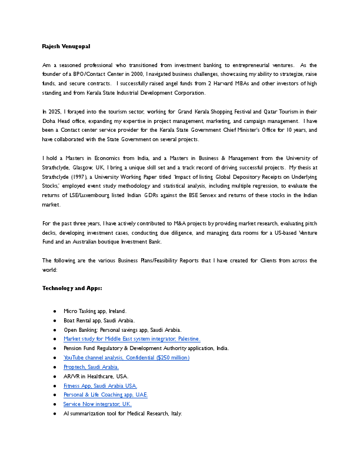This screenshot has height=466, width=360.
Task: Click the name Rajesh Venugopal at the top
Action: (x=66, y=46)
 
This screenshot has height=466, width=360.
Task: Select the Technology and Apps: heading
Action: (x=72, y=288)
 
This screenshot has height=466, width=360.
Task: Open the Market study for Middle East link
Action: (x=132, y=339)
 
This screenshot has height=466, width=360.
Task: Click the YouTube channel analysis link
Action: (x=126, y=357)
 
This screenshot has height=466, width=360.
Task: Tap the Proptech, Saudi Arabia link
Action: (x=91, y=367)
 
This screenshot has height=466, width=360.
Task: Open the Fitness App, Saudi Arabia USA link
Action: (x=100, y=385)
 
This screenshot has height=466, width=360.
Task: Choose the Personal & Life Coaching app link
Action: (x=105, y=395)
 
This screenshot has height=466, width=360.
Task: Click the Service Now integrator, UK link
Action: (x=97, y=404)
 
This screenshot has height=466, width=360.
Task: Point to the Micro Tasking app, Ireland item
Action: (x=95, y=311)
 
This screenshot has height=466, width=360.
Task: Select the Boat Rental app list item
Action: (x=99, y=320)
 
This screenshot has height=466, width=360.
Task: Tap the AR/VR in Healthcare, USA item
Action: (x=96, y=376)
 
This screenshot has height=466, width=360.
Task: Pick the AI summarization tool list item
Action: (x=122, y=414)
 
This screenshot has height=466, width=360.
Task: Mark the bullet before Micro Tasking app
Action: (x=55, y=311)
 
